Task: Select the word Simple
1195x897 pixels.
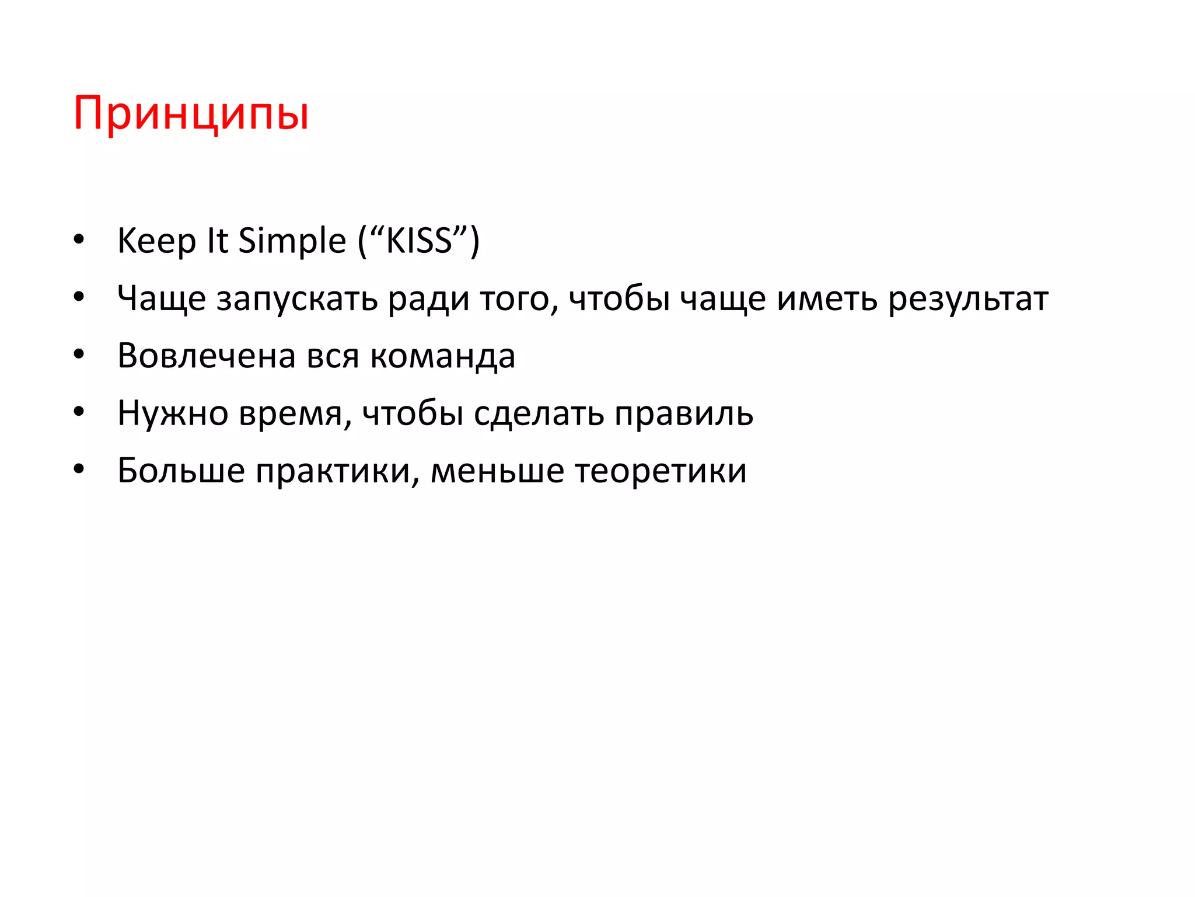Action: [292, 241]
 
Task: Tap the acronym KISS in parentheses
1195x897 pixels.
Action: [419, 241]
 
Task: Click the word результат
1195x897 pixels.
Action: [968, 299]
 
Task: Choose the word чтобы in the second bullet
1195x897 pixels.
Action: [619, 299]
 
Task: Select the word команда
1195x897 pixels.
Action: [443, 356]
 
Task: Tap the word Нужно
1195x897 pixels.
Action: [173, 413]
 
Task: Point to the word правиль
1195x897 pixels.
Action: [684, 413]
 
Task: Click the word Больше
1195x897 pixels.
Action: [181, 471]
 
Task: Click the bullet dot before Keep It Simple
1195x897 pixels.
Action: [79, 240]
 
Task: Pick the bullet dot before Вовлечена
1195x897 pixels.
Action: [79, 355]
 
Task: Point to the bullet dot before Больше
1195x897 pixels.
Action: [79, 470]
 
